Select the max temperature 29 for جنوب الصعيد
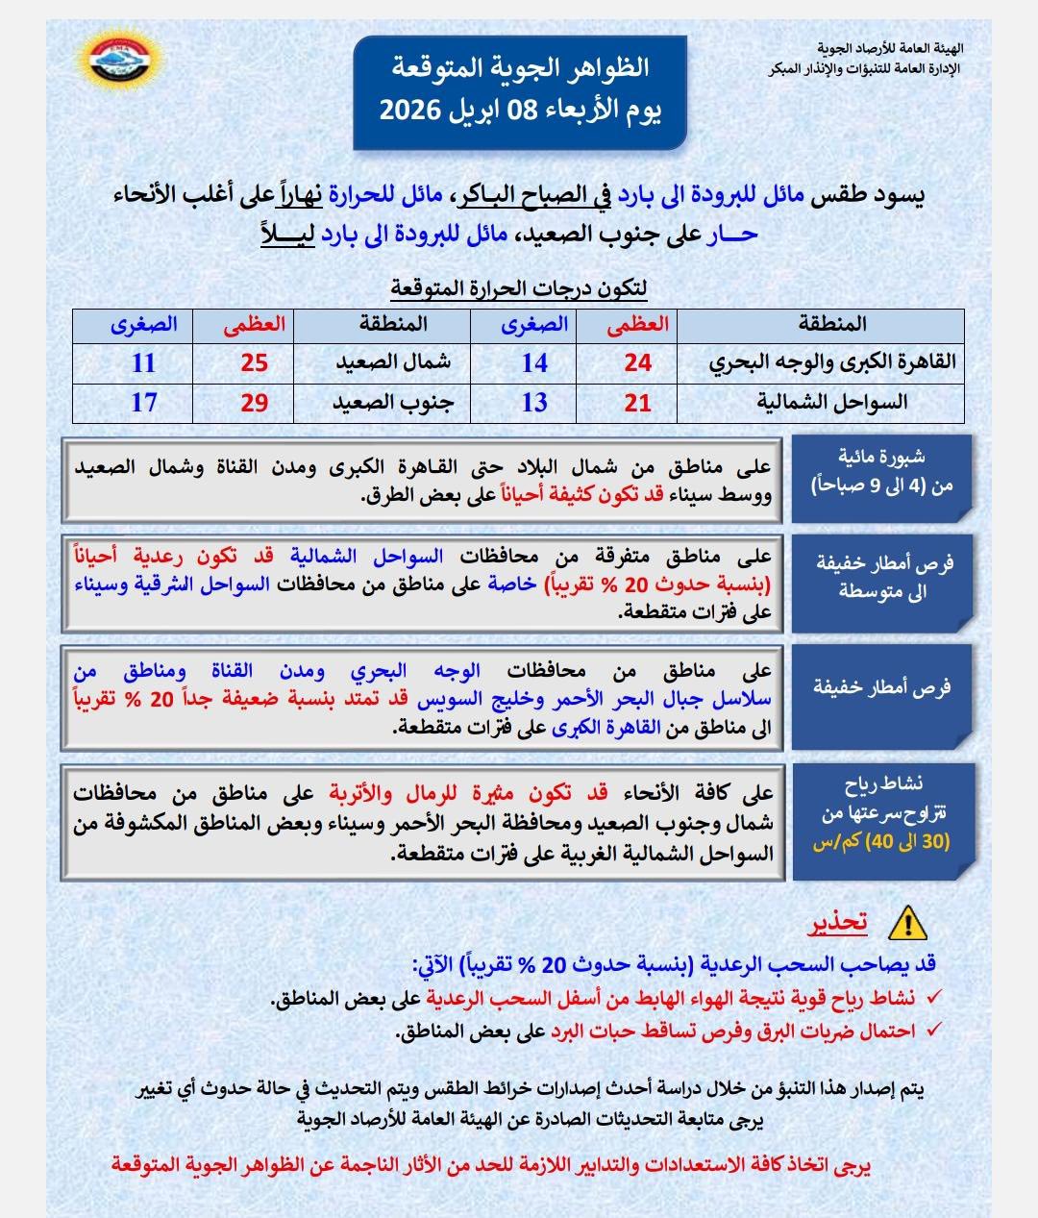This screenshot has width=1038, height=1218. (x=254, y=403)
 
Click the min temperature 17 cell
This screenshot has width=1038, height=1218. (x=144, y=403)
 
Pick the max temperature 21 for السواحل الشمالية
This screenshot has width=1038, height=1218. (x=637, y=403)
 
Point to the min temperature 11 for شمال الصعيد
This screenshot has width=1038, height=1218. (x=144, y=363)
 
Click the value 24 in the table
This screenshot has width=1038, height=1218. (x=637, y=363)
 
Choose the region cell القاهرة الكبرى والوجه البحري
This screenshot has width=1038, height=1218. (x=832, y=362)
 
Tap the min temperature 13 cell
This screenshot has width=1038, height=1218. (x=534, y=403)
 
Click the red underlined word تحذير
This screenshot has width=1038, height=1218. (x=836, y=923)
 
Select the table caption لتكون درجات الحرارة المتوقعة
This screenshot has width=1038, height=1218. (x=519, y=287)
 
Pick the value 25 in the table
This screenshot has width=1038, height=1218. (x=254, y=363)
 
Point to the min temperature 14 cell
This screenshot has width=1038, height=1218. (x=534, y=363)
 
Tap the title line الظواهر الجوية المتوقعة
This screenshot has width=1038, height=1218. (x=520, y=68)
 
